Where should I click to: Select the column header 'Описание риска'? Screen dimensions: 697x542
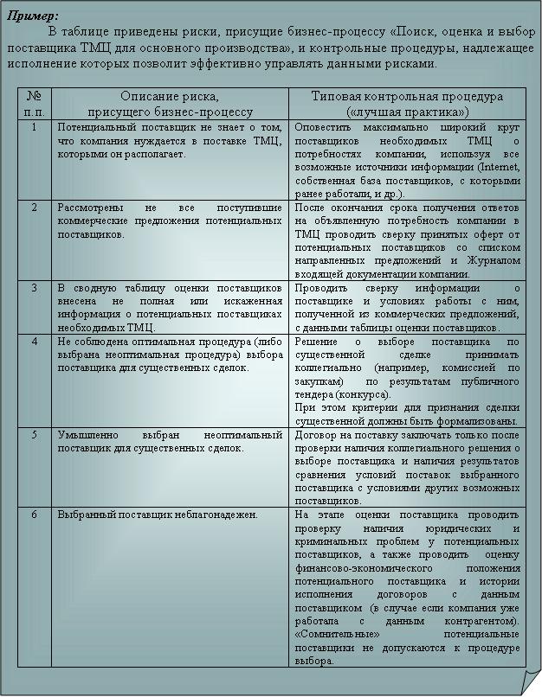pos(169,97)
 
